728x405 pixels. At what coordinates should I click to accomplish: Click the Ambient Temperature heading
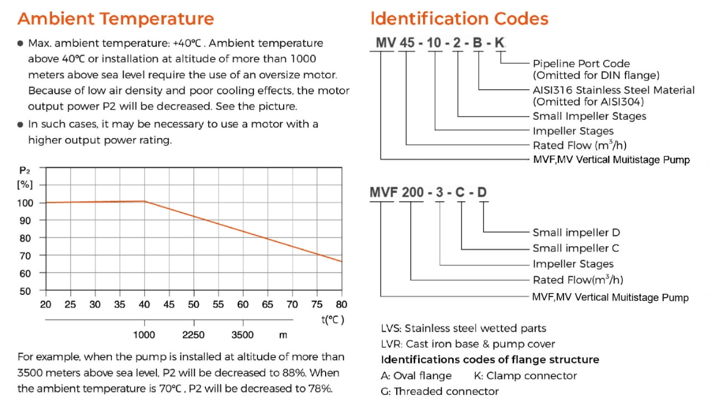coord(115,18)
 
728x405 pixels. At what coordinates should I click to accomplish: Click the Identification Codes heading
coord(459,18)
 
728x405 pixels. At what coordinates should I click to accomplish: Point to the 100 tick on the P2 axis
coord(25,202)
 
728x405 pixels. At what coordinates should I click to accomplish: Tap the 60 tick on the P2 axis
coord(25,273)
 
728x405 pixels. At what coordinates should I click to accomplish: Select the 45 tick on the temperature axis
coord(169,304)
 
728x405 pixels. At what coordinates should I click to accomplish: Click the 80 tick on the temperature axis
coord(341,304)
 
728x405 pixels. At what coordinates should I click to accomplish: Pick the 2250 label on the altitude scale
coord(194,335)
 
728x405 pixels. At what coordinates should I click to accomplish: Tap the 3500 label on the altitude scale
coord(242,335)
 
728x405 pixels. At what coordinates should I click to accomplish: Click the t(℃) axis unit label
coord(332,320)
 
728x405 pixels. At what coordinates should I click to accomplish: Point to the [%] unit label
coord(25,185)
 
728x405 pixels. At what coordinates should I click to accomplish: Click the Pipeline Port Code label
coord(581,64)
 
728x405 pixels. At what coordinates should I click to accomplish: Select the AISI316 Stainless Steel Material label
coord(613,90)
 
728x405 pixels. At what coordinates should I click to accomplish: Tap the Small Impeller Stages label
coord(589,116)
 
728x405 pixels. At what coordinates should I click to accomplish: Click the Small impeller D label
coord(576,233)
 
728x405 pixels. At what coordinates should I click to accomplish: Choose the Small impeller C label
coord(576,248)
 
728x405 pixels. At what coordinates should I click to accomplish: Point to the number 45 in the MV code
coord(407,42)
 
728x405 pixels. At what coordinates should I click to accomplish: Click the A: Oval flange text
coord(416,376)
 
